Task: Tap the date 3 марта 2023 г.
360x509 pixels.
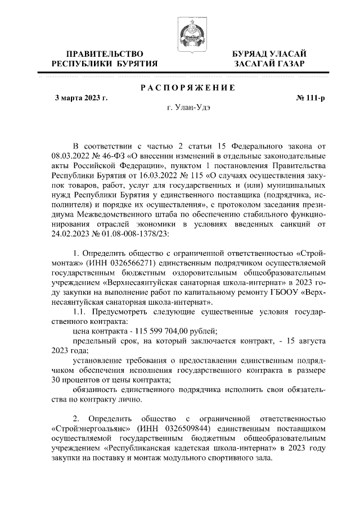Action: click(x=80, y=98)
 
